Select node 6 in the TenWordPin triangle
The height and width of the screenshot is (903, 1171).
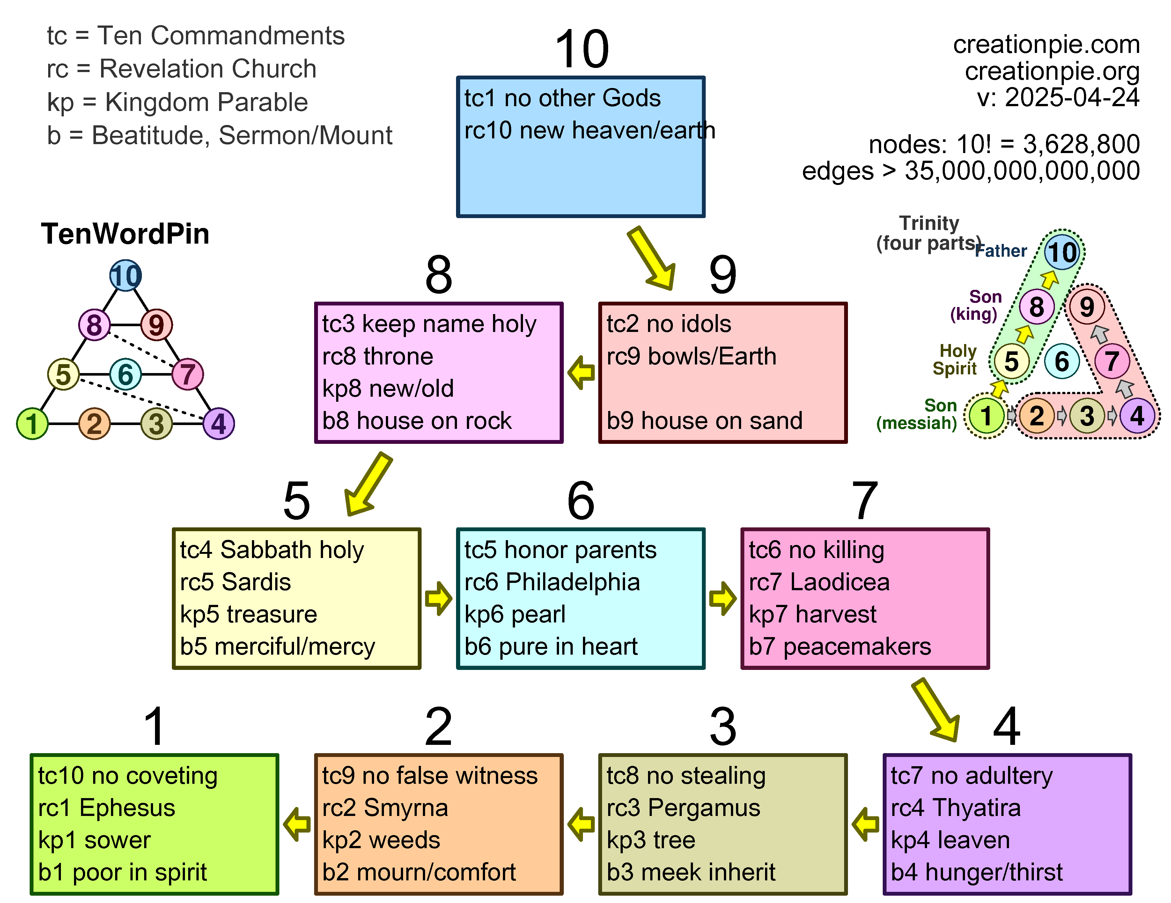pyautogui.click(x=125, y=374)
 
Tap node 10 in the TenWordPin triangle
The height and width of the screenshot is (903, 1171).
pyautogui.click(x=125, y=275)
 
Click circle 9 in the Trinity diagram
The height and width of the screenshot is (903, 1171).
pyautogui.click(x=1086, y=307)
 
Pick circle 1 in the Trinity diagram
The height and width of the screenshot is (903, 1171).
pyautogui.click(x=985, y=415)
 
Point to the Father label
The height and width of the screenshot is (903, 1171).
pyautogui.click(x=1000, y=251)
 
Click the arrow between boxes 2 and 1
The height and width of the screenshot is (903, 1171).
pyautogui.click(x=297, y=824)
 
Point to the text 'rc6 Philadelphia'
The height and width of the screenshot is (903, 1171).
pyautogui.click(x=552, y=582)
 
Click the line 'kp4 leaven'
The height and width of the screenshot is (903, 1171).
pyautogui.click(x=950, y=840)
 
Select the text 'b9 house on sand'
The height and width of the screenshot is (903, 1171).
pyautogui.click(x=704, y=420)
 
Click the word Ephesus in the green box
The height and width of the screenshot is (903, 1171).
pyautogui.click(x=127, y=808)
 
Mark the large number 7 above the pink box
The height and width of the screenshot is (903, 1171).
pyautogui.click(x=864, y=500)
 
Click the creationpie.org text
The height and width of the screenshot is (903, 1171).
pyautogui.click(x=1052, y=71)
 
